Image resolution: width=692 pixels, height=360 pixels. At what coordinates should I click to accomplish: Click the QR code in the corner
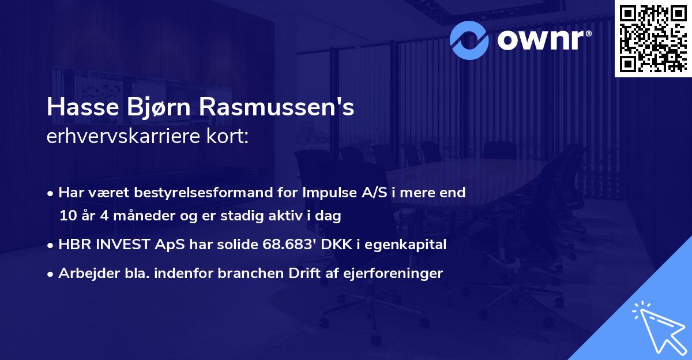[x=652, y=38]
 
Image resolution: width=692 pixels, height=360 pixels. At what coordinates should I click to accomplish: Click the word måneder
[x=135, y=216]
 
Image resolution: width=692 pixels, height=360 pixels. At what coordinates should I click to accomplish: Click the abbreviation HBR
[x=72, y=245]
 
